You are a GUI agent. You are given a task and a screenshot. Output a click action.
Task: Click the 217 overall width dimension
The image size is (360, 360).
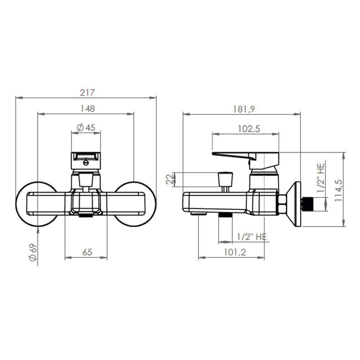pos(87,93)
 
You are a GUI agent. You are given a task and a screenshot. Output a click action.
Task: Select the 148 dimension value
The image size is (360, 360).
pos(87,109)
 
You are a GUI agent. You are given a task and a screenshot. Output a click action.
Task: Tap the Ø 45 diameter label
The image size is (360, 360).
pos(86,127)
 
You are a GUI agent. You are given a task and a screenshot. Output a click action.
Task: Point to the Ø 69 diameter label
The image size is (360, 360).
pos(33,252)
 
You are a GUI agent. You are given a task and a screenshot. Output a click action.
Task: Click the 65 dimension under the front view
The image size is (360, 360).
pos(87,252)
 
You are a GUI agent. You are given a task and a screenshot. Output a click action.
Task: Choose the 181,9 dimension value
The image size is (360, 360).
pos(244,109)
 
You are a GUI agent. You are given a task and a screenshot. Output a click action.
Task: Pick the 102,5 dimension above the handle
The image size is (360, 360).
pos(249,129)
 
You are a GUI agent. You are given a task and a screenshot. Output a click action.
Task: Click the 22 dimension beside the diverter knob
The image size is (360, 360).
pos(170,179)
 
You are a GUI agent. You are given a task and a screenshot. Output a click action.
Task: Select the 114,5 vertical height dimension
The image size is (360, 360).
pos(338,190)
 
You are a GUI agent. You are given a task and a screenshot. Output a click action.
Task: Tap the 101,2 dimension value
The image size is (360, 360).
pos(235,252)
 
